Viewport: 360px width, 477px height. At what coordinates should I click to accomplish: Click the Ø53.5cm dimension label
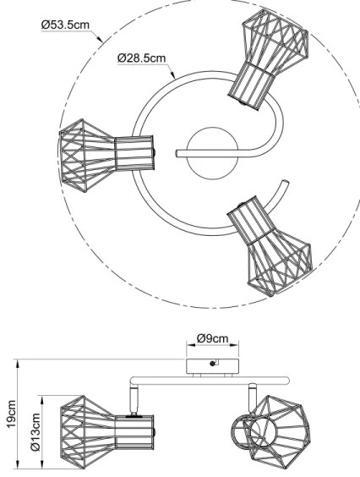[x=65, y=26]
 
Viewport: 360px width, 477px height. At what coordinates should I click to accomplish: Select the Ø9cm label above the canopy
[x=212, y=338]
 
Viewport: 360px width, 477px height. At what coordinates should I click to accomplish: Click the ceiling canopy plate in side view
[x=212, y=365]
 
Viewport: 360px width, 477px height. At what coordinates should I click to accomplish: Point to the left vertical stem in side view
[x=133, y=397]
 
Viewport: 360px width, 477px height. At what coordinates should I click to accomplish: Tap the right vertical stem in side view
[x=250, y=393]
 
